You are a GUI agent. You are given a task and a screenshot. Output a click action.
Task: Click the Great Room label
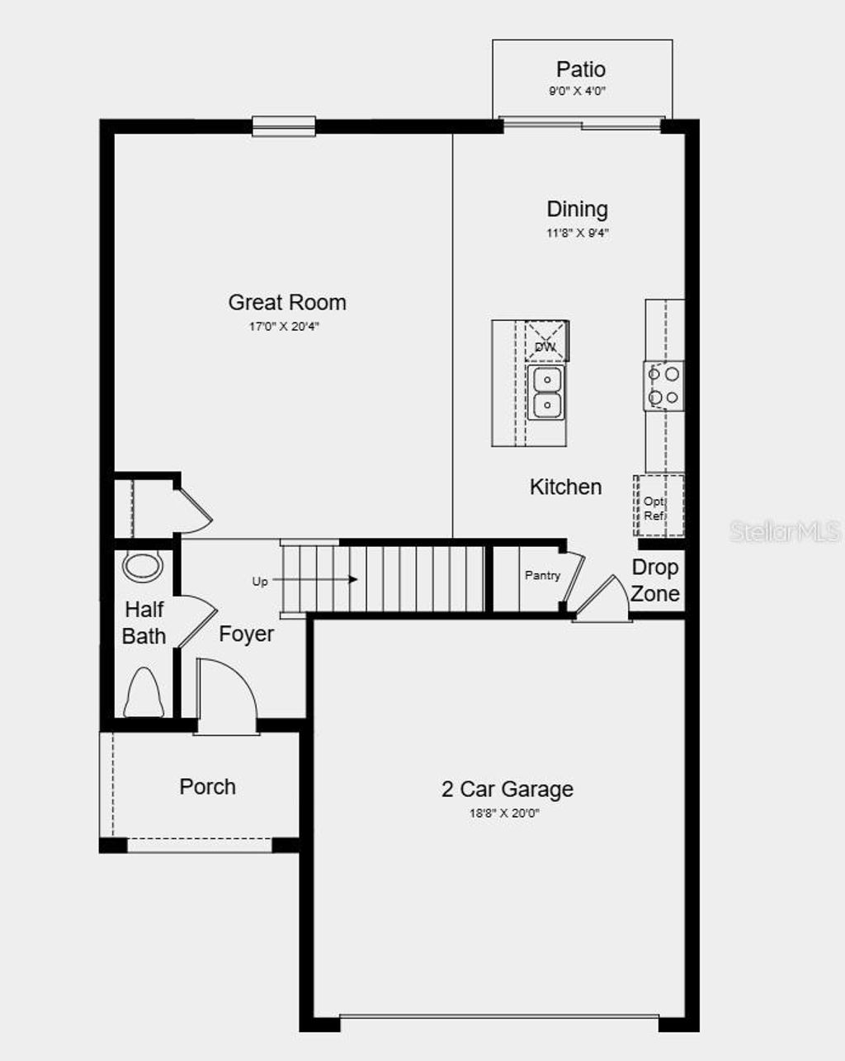point(287,303)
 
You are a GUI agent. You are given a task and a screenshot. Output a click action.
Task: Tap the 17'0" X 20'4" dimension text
point(284,327)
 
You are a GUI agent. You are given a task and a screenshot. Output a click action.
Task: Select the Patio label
point(580,69)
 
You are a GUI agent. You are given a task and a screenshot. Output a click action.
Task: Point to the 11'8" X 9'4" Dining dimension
point(577,233)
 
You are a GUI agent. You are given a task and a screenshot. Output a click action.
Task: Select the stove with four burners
point(663,386)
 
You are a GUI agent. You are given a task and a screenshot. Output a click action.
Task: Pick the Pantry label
point(542,576)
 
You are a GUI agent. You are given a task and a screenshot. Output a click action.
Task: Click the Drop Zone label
point(655,581)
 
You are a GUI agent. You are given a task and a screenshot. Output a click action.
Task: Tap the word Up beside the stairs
point(260,582)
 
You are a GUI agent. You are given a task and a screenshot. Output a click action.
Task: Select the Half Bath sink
point(144,566)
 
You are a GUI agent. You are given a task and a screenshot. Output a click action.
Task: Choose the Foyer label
point(246,634)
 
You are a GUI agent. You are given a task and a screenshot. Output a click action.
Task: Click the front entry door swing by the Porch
point(226,693)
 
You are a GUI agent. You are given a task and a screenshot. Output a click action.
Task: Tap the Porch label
point(207,787)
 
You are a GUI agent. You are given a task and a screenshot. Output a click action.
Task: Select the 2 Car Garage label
point(507,790)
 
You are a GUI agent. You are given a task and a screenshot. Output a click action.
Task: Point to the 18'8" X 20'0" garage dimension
point(505,813)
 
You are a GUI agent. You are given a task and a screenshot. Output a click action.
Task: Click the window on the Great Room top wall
point(284,126)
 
